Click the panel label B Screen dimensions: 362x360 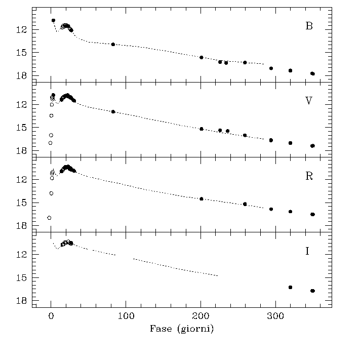[309, 26]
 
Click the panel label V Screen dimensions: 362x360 [309, 101]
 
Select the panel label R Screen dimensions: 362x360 [309, 176]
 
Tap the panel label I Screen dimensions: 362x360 [307, 251]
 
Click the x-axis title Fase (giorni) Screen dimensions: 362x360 [182, 329]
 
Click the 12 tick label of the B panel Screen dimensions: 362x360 [21, 30]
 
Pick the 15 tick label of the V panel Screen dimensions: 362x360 [21, 128]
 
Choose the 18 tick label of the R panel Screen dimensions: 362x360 [21, 226]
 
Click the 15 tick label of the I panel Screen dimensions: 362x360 [21, 278]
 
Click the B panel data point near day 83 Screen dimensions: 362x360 [113, 45]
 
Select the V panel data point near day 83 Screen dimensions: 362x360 [113, 111]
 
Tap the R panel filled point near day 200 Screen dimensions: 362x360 [201, 199]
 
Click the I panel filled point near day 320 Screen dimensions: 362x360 [290, 287]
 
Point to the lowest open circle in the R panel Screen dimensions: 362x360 [49, 218]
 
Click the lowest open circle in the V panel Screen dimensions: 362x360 [51, 143]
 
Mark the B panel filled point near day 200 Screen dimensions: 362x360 [201, 58]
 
